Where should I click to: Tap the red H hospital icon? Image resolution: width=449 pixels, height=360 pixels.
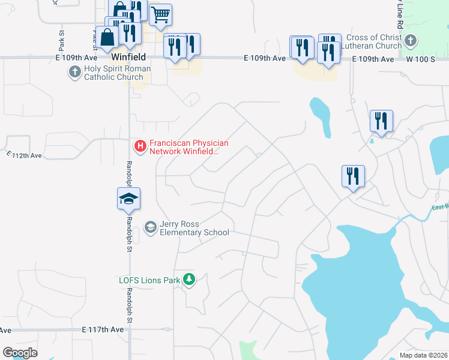coord(140,146)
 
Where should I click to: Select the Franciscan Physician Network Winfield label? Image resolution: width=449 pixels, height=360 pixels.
coord(188,147)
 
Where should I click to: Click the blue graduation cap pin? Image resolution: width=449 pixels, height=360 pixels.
coord(128,199)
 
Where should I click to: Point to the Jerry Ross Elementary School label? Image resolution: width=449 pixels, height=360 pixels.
coord(194,228)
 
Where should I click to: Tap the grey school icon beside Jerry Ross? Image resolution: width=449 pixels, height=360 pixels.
coord(150,227)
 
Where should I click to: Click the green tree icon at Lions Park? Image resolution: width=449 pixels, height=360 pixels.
coord(189,279)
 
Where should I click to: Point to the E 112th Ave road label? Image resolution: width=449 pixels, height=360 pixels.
coord(25,155)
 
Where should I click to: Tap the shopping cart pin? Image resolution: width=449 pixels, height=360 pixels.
coord(160,14)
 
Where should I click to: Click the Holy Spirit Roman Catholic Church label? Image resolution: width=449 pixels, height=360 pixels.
coord(117,73)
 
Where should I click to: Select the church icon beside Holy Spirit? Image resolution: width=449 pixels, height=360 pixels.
coord(74,73)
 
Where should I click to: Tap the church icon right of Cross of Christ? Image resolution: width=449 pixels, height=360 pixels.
coord(411,41)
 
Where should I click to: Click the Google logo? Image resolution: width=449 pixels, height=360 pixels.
coord(20,353)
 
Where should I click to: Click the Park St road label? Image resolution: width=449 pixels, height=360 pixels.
coord(62,40)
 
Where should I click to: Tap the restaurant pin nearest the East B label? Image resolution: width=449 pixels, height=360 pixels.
coord(353,176)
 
